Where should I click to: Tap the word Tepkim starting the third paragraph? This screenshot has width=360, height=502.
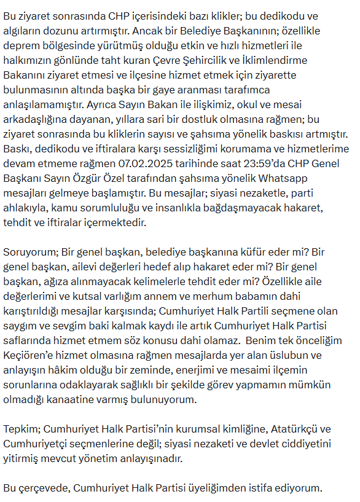pyautogui.click(x=23, y=429)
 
